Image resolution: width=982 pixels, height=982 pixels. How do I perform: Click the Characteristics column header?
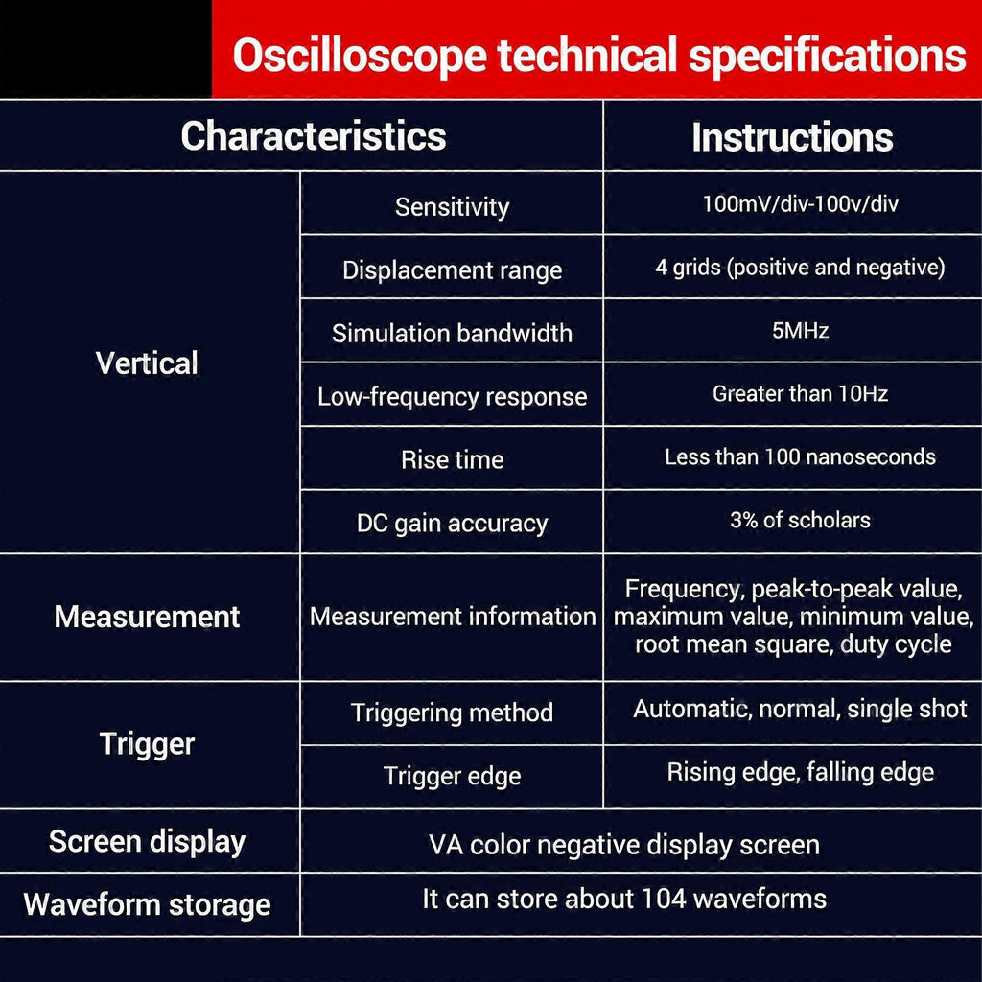click(314, 136)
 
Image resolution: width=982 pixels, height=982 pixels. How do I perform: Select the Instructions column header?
click(792, 137)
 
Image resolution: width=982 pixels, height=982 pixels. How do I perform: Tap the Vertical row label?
click(147, 362)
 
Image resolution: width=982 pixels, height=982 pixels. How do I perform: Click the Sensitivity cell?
click(453, 207)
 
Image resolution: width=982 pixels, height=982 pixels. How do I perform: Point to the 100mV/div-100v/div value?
click(801, 203)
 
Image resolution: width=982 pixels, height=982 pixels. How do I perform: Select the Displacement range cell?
click(453, 270)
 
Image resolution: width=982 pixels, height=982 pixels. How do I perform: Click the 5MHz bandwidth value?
click(801, 330)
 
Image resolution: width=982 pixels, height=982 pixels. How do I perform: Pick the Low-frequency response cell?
click(453, 396)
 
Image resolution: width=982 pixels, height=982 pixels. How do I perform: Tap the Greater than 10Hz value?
click(801, 393)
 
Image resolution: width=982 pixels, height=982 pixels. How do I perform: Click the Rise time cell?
click(453, 459)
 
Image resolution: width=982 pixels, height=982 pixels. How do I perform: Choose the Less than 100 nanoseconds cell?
click(801, 456)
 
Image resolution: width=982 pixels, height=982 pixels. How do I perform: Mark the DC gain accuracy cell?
click(453, 524)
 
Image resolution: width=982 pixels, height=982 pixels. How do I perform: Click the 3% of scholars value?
click(801, 520)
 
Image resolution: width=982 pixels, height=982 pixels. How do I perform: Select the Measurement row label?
click(147, 617)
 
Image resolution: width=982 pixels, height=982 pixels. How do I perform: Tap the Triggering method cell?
click(453, 713)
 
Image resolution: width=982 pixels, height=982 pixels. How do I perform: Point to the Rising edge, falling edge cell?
click(801, 772)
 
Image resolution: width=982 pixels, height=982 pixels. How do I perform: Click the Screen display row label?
click(147, 842)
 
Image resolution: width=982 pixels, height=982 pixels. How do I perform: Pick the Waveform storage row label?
click(147, 905)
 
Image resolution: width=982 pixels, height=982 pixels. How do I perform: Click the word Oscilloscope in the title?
click(360, 56)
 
